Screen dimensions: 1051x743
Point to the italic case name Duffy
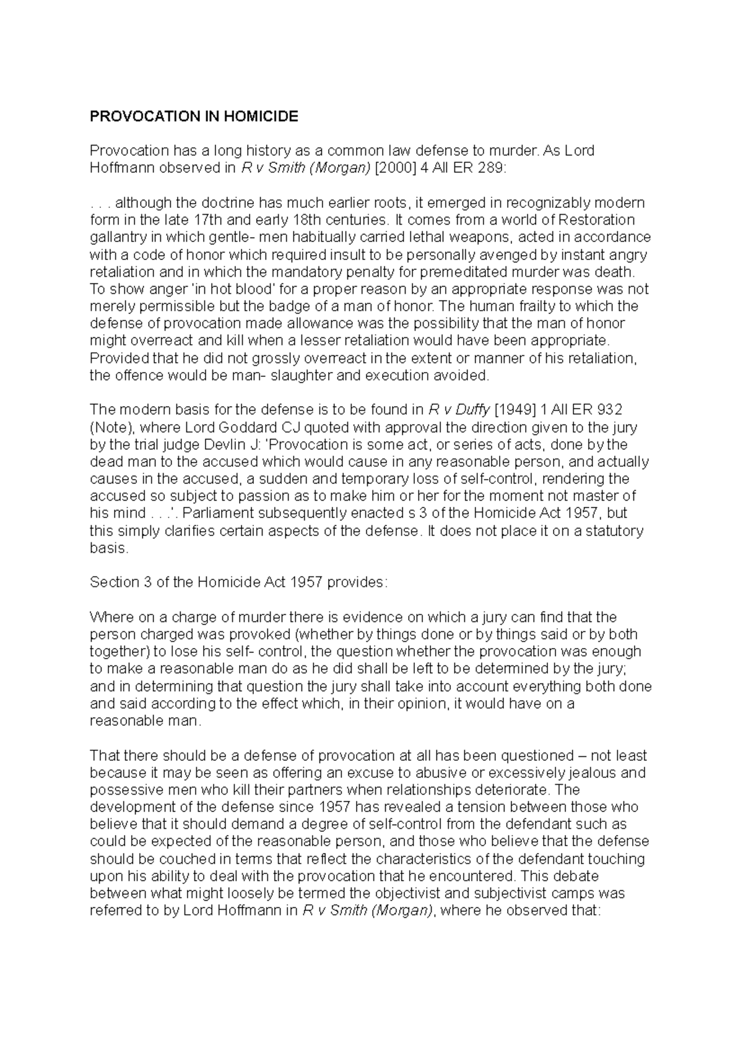pyautogui.click(x=473, y=410)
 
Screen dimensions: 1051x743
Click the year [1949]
pyautogui.click(x=518, y=410)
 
